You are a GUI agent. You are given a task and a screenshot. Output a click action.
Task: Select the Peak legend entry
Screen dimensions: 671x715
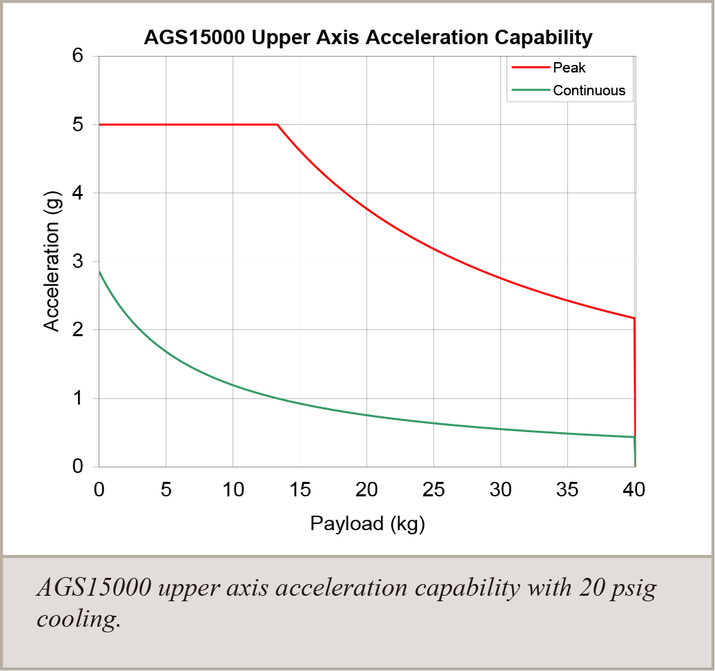[569, 68]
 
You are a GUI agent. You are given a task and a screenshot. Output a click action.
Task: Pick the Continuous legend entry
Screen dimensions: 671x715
[589, 90]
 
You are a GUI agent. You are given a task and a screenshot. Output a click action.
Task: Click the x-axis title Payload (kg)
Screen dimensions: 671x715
[367, 523]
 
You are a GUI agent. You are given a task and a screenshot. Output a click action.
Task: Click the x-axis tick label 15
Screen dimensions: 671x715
[300, 489]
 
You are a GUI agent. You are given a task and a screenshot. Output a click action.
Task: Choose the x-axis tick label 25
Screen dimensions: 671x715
[433, 489]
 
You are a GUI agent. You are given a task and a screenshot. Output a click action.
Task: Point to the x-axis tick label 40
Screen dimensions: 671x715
[634, 489]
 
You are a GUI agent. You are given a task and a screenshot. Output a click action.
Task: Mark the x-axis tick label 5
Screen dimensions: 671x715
[166, 489]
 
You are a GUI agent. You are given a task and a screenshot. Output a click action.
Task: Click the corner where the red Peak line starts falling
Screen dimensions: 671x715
[277, 124]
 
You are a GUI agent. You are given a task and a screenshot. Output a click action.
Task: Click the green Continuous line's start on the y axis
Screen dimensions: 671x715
[99, 272]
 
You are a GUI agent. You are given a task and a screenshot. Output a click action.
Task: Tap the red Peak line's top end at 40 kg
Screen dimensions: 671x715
[634, 318]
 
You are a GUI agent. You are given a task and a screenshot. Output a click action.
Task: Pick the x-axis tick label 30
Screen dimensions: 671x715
[500, 489]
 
